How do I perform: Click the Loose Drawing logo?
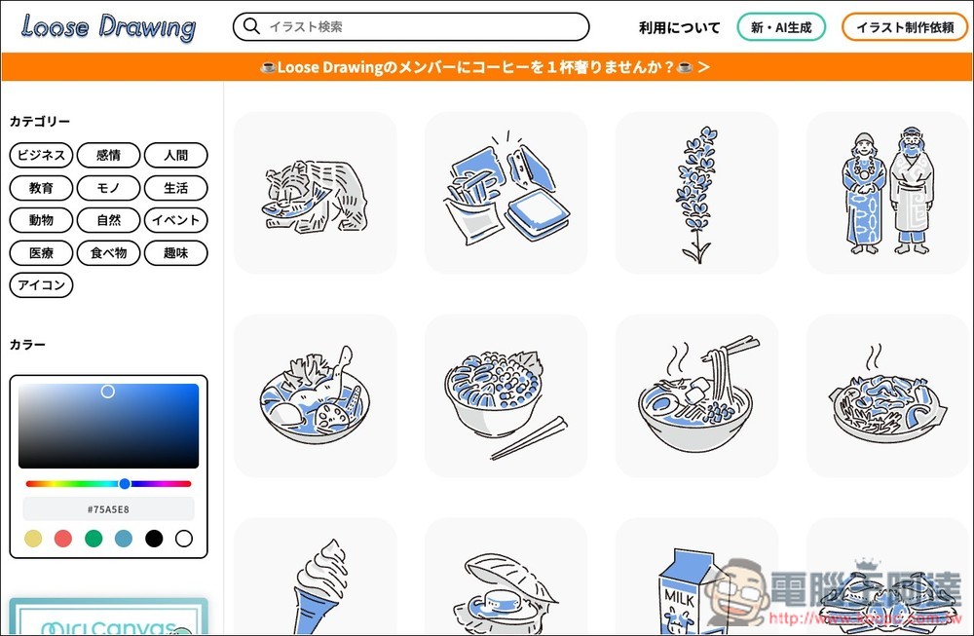click(107, 26)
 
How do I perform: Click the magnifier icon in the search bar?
click(252, 26)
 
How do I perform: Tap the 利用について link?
click(679, 27)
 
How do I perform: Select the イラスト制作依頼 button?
click(904, 27)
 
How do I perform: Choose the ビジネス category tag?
click(41, 155)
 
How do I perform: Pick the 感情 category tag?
click(108, 155)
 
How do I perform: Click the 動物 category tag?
click(41, 220)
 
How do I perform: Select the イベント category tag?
click(175, 220)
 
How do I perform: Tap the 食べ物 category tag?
click(108, 253)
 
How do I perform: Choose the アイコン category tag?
click(41, 285)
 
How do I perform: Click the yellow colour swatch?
click(33, 539)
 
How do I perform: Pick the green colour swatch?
click(94, 539)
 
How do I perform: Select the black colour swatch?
click(153, 539)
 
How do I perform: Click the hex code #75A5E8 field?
click(108, 508)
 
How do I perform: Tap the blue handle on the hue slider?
click(125, 483)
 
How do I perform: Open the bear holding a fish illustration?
click(315, 193)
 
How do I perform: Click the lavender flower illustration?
click(696, 193)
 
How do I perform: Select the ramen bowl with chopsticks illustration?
click(696, 395)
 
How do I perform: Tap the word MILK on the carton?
click(680, 593)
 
